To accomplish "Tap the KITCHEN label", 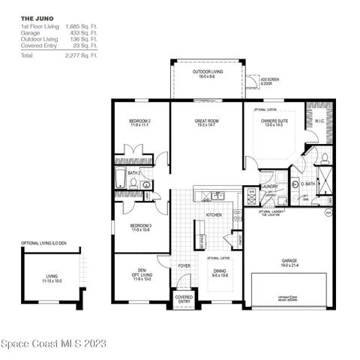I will click(214, 215).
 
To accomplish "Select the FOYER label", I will click(183, 265).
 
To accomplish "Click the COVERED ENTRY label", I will click(184, 299).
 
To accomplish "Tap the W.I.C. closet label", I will click(319, 121).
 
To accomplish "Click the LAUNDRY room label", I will click(270, 187).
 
